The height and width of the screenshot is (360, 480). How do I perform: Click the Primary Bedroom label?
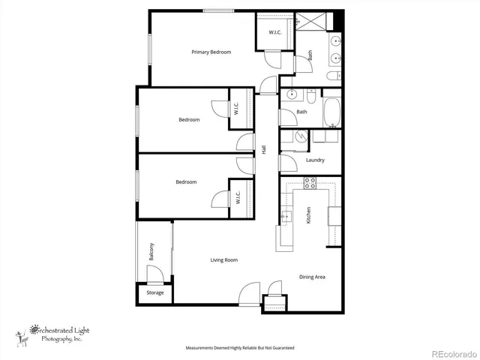211,52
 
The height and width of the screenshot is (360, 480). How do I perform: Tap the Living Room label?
223,260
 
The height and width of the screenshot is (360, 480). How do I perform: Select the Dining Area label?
312,277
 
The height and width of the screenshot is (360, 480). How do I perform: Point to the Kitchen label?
308,216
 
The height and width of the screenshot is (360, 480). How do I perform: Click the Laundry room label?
315,160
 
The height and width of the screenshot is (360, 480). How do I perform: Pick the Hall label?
264,149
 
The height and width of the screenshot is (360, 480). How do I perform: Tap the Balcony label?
152,251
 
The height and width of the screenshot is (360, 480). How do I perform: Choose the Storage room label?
154,292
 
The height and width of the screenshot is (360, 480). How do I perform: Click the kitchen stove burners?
310,182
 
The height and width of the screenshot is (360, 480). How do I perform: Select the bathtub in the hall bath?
331,111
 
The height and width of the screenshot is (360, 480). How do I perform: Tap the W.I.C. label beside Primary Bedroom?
268,31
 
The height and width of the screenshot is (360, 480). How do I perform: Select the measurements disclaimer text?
240,348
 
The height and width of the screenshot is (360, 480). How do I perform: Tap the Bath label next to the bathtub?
301,112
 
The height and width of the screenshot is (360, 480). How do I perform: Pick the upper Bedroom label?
189,120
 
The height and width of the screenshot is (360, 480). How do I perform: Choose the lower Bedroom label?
186,182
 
